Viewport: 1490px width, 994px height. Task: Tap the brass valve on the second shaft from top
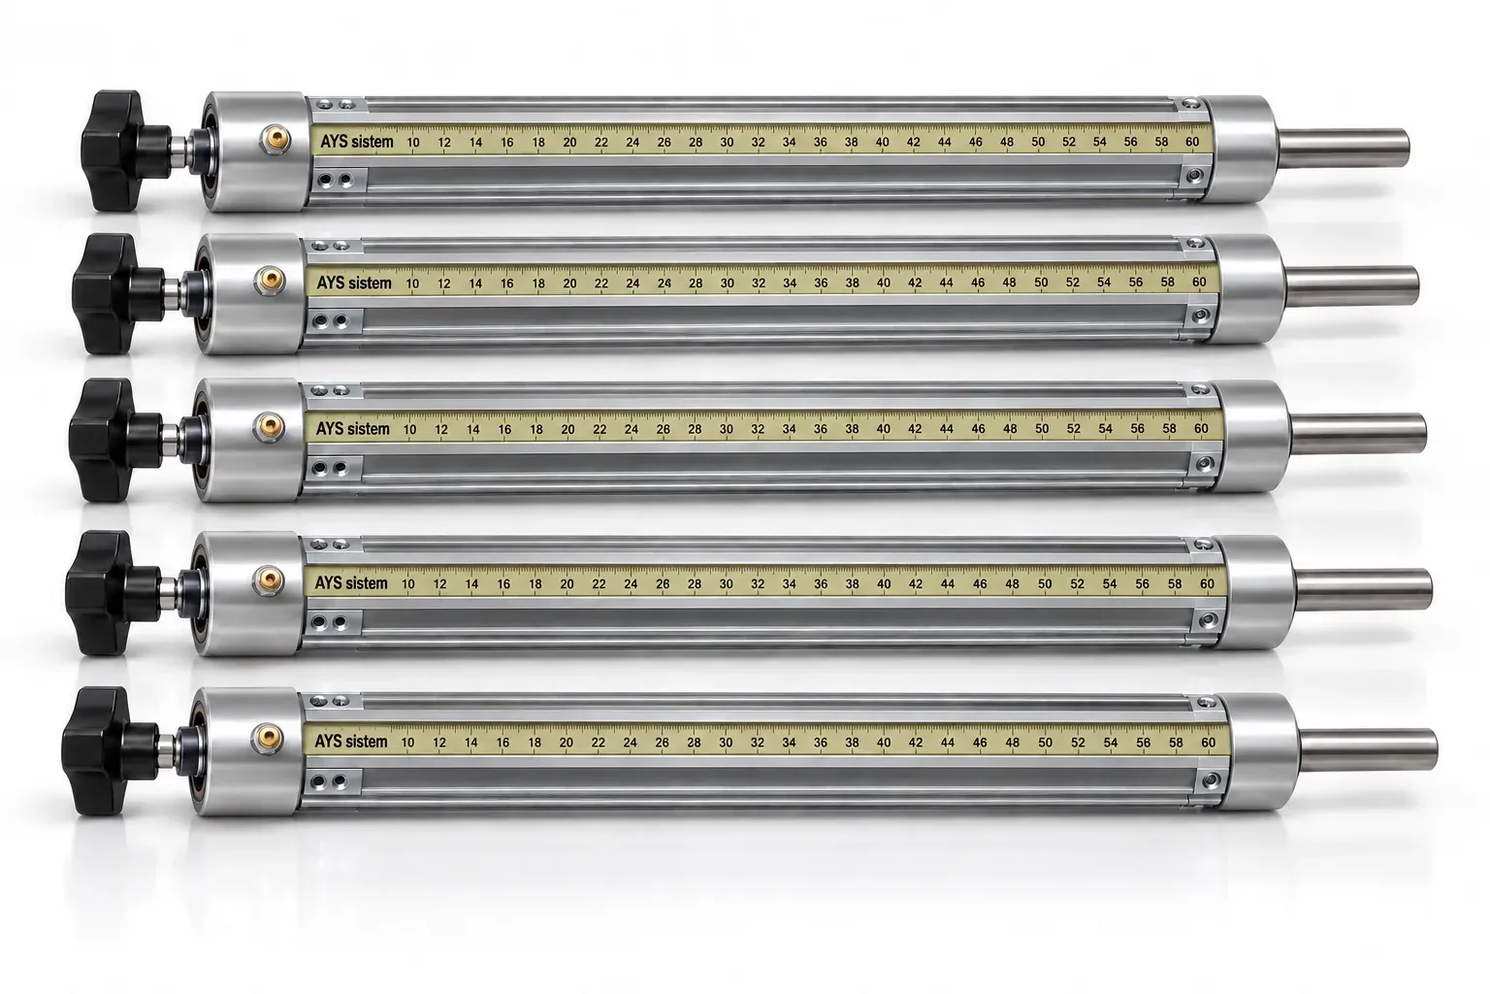[x=270, y=281]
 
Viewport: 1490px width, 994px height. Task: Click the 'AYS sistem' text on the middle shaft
[x=352, y=429]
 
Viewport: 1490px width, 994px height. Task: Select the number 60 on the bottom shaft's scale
[x=1208, y=743]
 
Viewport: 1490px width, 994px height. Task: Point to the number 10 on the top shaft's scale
[x=412, y=142]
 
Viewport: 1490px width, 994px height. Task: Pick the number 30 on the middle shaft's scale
[x=726, y=429]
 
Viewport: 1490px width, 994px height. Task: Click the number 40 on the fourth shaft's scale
[x=884, y=584]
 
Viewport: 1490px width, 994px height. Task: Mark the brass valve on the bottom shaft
[x=267, y=739]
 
